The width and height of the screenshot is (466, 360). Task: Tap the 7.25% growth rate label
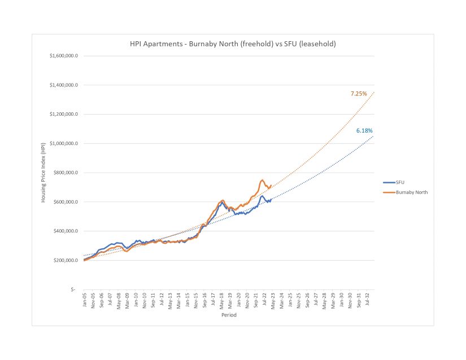click(x=358, y=93)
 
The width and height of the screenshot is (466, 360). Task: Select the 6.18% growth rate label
click(x=364, y=131)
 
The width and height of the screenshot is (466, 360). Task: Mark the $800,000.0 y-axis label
click(x=66, y=173)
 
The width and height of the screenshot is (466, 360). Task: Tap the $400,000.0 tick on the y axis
click(x=66, y=231)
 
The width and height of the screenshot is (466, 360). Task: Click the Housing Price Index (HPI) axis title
click(x=43, y=173)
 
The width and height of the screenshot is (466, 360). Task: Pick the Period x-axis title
click(x=229, y=315)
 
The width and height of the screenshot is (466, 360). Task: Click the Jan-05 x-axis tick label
click(x=84, y=300)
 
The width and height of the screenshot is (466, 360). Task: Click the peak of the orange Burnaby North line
click(x=263, y=180)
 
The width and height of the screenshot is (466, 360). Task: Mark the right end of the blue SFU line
click(x=272, y=199)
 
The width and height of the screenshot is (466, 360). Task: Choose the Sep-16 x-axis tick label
click(x=204, y=300)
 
